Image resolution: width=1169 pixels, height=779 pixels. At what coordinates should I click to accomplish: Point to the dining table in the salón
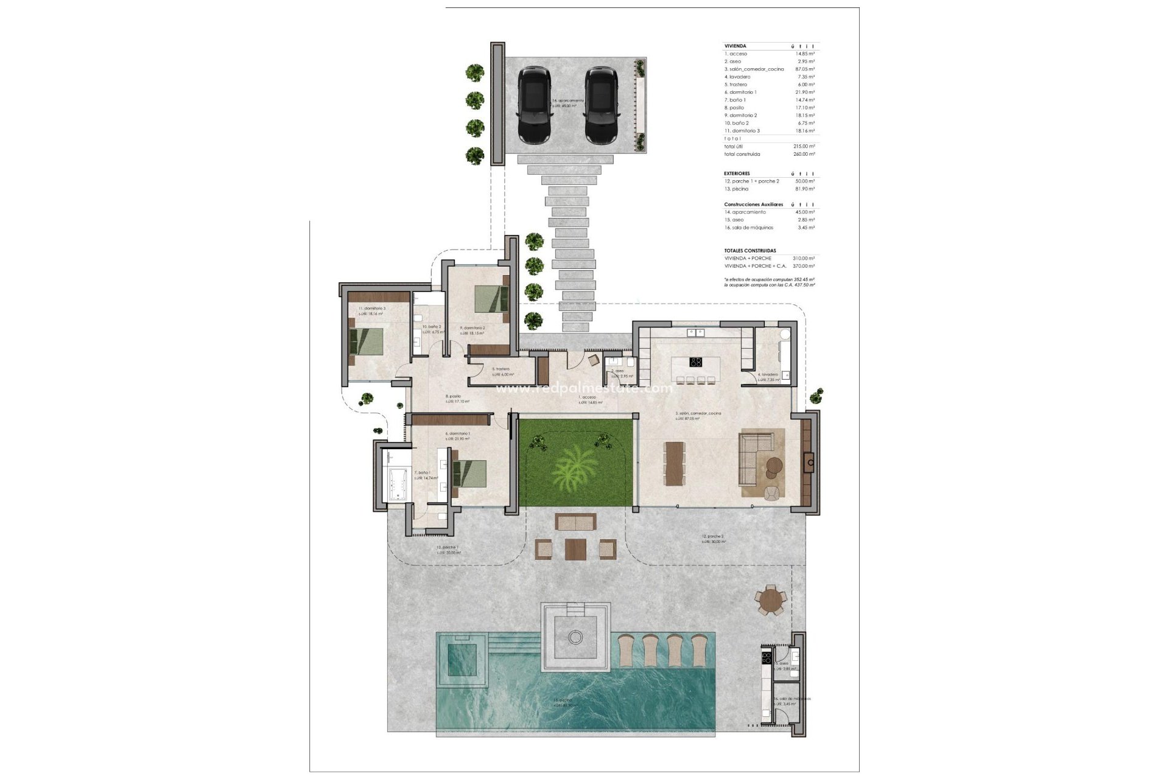coord(673,463)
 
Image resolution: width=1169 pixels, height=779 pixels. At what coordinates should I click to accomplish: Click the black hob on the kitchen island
coord(696,362)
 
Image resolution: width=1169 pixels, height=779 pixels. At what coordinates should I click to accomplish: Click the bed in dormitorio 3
coord(367,341)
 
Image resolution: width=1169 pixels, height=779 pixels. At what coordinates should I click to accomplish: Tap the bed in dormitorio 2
coord(491,299)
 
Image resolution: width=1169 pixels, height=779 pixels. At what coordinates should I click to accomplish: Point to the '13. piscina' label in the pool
coord(563,700)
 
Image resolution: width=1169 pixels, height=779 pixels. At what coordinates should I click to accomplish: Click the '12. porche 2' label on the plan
coord(713,537)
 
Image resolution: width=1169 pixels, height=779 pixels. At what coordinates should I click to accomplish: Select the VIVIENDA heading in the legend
coord(735,46)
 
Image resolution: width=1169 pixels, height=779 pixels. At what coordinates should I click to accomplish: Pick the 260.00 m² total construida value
coord(804,154)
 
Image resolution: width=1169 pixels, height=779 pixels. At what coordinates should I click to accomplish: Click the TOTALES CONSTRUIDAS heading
coord(749,251)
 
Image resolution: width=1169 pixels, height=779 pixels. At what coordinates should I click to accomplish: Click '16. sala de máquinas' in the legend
coord(748,228)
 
